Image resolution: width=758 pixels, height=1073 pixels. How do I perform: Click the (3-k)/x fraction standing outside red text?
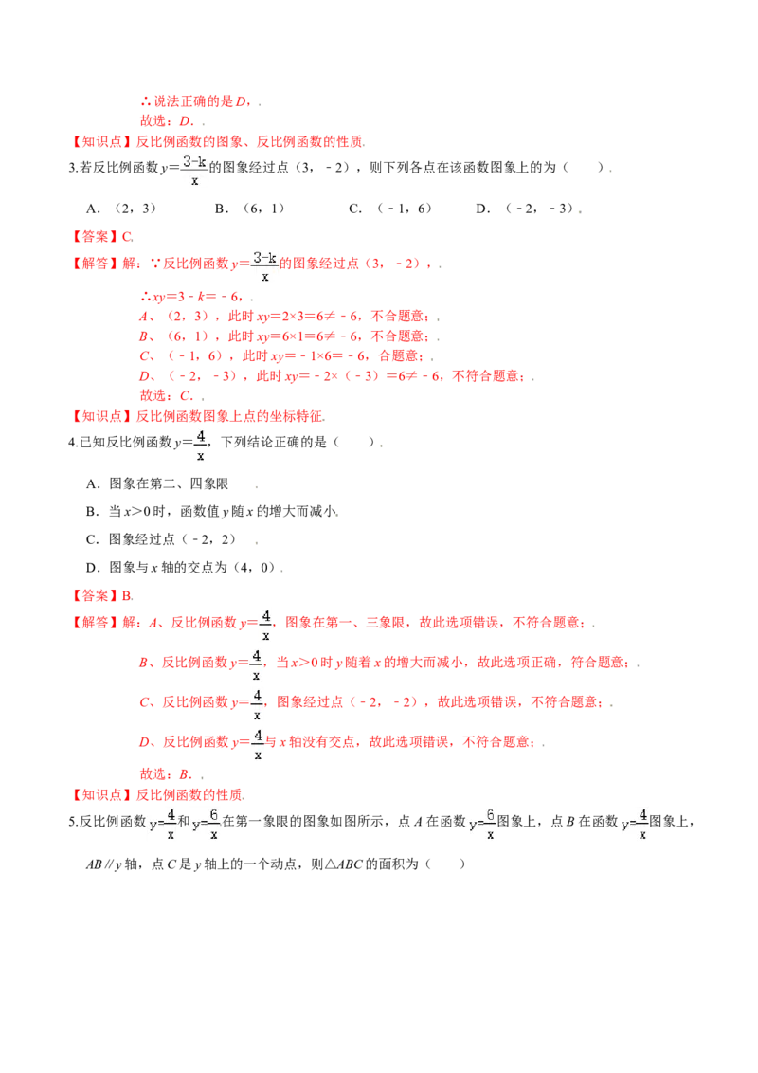pyautogui.click(x=192, y=170)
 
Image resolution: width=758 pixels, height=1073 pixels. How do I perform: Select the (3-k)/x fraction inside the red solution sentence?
pyautogui.click(x=265, y=265)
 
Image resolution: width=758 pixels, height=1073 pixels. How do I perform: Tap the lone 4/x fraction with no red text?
pyautogui.click(x=200, y=445)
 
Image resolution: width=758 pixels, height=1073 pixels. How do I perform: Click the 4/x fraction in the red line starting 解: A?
pyautogui.click(x=266, y=625)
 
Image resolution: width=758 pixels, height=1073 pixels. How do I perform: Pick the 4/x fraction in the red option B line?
pyautogui.click(x=253, y=664)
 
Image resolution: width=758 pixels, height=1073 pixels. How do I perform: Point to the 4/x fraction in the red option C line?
pyautogui.click(x=255, y=704)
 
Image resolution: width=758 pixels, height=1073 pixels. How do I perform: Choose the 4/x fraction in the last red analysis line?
pyautogui.click(x=256, y=743)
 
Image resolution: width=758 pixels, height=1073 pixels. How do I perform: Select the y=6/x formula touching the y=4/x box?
pyautogui.click(x=208, y=823)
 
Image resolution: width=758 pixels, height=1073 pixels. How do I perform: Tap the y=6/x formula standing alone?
pyautogui.click(x=481, y=823)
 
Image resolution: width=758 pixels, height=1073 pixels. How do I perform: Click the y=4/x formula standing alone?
pyautogui.click(x=633, y=823)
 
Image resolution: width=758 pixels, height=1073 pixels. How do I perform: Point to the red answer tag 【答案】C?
pyautogui.click(x=102, y=235)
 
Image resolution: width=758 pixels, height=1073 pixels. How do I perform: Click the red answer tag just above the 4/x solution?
pyautogui.click(x=102, y=596)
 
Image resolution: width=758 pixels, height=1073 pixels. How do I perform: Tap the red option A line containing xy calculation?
pyautogui.click(x=284, y=317)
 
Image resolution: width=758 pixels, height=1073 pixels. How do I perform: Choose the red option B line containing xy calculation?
pyautogui.click(x=284, y=336)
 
